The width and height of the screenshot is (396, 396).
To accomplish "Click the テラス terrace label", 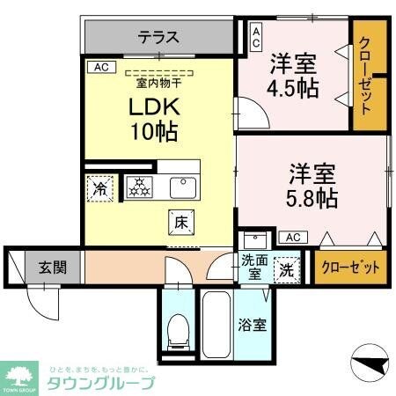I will click(158, 38).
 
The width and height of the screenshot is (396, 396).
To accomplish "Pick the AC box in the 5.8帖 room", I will click(292, 237).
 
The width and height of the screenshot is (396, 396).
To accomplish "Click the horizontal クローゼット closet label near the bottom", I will click(350, 268).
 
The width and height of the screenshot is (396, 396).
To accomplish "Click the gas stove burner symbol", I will click(138, 187).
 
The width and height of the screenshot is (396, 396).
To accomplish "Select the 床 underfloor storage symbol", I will click(179, 223).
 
